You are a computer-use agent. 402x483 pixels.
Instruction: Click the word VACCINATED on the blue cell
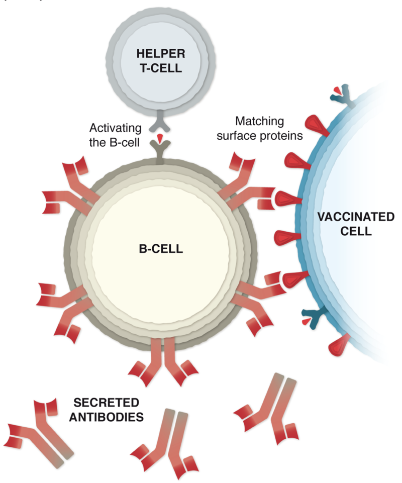click(356, 218)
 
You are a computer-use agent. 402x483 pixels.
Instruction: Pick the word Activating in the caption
click(111, 127)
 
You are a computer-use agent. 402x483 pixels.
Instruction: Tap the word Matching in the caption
click(259, 121)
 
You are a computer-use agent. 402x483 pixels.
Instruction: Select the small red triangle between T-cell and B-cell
click(160, 137)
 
